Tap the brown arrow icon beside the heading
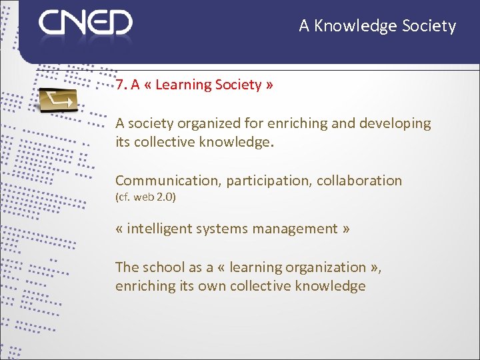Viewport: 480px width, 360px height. (x=57, y=100)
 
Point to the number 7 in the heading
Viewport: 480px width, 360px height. (x=119, y=85)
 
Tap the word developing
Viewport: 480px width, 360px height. (x=395, y=123)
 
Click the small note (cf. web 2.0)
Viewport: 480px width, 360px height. (x=145, y=197)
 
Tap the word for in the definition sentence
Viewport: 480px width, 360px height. (x=253, y=123)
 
